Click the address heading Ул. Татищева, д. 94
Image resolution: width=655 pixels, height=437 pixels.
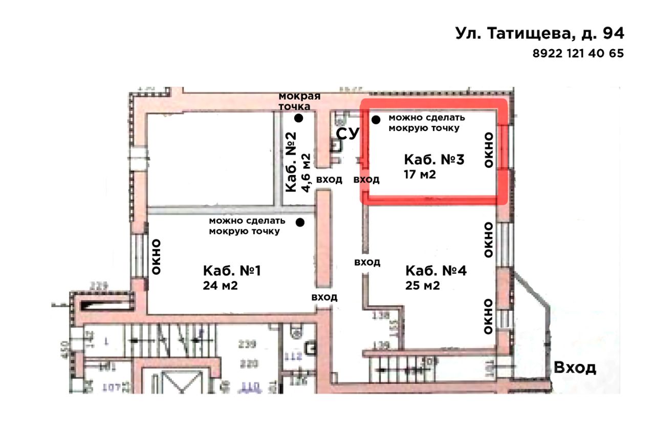539,34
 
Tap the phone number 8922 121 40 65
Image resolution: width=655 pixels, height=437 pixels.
578,53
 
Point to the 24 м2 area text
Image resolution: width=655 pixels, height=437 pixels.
220,286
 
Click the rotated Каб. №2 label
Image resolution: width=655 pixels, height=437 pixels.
291,162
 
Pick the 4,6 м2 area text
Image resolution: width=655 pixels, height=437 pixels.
307,172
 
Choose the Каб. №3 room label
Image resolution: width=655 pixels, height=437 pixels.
434,160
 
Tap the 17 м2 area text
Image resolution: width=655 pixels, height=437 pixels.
420,174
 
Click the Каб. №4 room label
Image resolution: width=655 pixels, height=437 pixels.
436,271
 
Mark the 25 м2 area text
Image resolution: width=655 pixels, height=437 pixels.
423,286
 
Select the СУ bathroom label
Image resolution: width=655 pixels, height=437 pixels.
348,135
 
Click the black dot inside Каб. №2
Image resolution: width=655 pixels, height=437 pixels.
298,118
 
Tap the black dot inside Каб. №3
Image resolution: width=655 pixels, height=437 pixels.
376,120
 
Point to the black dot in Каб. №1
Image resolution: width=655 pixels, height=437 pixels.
300,222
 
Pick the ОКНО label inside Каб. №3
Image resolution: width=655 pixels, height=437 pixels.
489,149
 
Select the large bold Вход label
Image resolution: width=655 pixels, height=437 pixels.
576,367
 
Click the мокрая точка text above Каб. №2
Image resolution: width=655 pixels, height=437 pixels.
299,101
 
